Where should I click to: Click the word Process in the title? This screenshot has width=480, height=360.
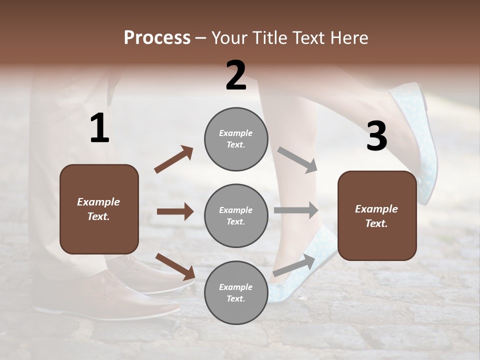(x=157, y=38)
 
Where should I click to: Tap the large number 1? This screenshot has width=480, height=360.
(x=99, y=128)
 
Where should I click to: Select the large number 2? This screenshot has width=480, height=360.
(x=236, y=75)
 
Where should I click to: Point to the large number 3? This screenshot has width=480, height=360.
(x=376, y=136)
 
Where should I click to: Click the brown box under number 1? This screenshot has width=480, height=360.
(x=99, y=209)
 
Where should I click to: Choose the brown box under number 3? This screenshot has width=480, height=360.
(x=377, y=215)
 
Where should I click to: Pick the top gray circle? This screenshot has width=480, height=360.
(x=236, y=138)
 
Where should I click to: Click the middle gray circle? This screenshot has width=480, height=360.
(x=236, y=215)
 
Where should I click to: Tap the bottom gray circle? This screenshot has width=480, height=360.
(x=236, y=292)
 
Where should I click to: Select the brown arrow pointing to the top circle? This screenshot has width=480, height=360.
(x=174, y=159)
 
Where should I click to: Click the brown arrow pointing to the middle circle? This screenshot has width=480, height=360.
(x=175, y=211)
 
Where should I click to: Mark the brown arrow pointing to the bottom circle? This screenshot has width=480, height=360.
(x=175, y=266)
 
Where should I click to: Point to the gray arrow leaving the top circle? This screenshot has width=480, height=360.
(x=297, y=159)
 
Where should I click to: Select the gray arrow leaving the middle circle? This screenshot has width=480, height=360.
(x=296, y=210)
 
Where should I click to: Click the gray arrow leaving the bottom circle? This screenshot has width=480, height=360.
(x=294, y=265)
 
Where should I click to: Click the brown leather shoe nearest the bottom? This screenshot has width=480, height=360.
(x=107, y=299)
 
